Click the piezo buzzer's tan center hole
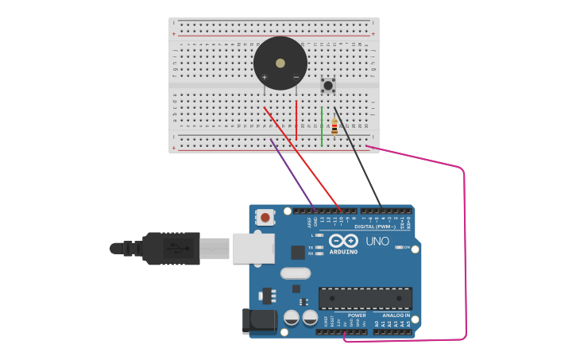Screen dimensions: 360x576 tap(280, 63)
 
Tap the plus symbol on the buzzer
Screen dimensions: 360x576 tap(265, 77)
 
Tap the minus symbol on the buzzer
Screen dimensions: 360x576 tap(296, 77)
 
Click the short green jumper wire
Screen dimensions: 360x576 tap(322, 127)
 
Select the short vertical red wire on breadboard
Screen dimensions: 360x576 tap(296, 121)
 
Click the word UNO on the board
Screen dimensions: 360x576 tap(377, 241)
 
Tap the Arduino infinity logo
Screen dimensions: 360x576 tap(343, 241)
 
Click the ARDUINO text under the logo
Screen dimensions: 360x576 tap(343, 252)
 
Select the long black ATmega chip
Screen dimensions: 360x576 tap(365, 298)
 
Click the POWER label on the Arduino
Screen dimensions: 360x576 tap(357, 315)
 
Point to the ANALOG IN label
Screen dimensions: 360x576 tap(395, 315)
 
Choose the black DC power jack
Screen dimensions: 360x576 tap(259, 320)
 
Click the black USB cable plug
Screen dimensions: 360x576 tap(171, 248)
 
